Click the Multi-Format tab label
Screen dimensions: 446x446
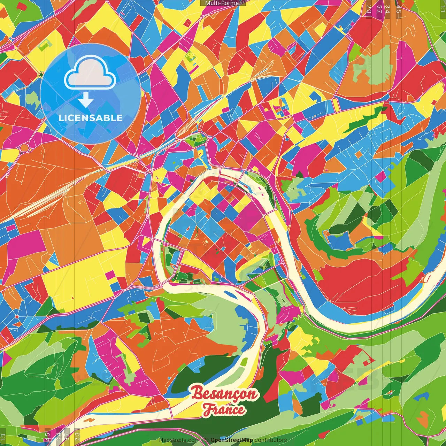coord(223,3)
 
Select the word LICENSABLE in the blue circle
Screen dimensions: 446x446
coord(91,118)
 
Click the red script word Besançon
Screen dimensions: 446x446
coord(224,394)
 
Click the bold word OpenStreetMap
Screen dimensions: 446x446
coord(232,440)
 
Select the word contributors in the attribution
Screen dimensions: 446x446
coord(271,440)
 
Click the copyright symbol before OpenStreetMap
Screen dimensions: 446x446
coord(207,440)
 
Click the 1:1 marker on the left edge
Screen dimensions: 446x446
coord(3,437)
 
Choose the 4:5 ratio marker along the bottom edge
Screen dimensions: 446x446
coord(48,436)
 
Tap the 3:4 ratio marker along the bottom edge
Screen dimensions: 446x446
coord(58,436)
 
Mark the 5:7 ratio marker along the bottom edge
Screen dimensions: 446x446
coord(67,436)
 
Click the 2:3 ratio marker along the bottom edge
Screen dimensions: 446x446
coord(77,436)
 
